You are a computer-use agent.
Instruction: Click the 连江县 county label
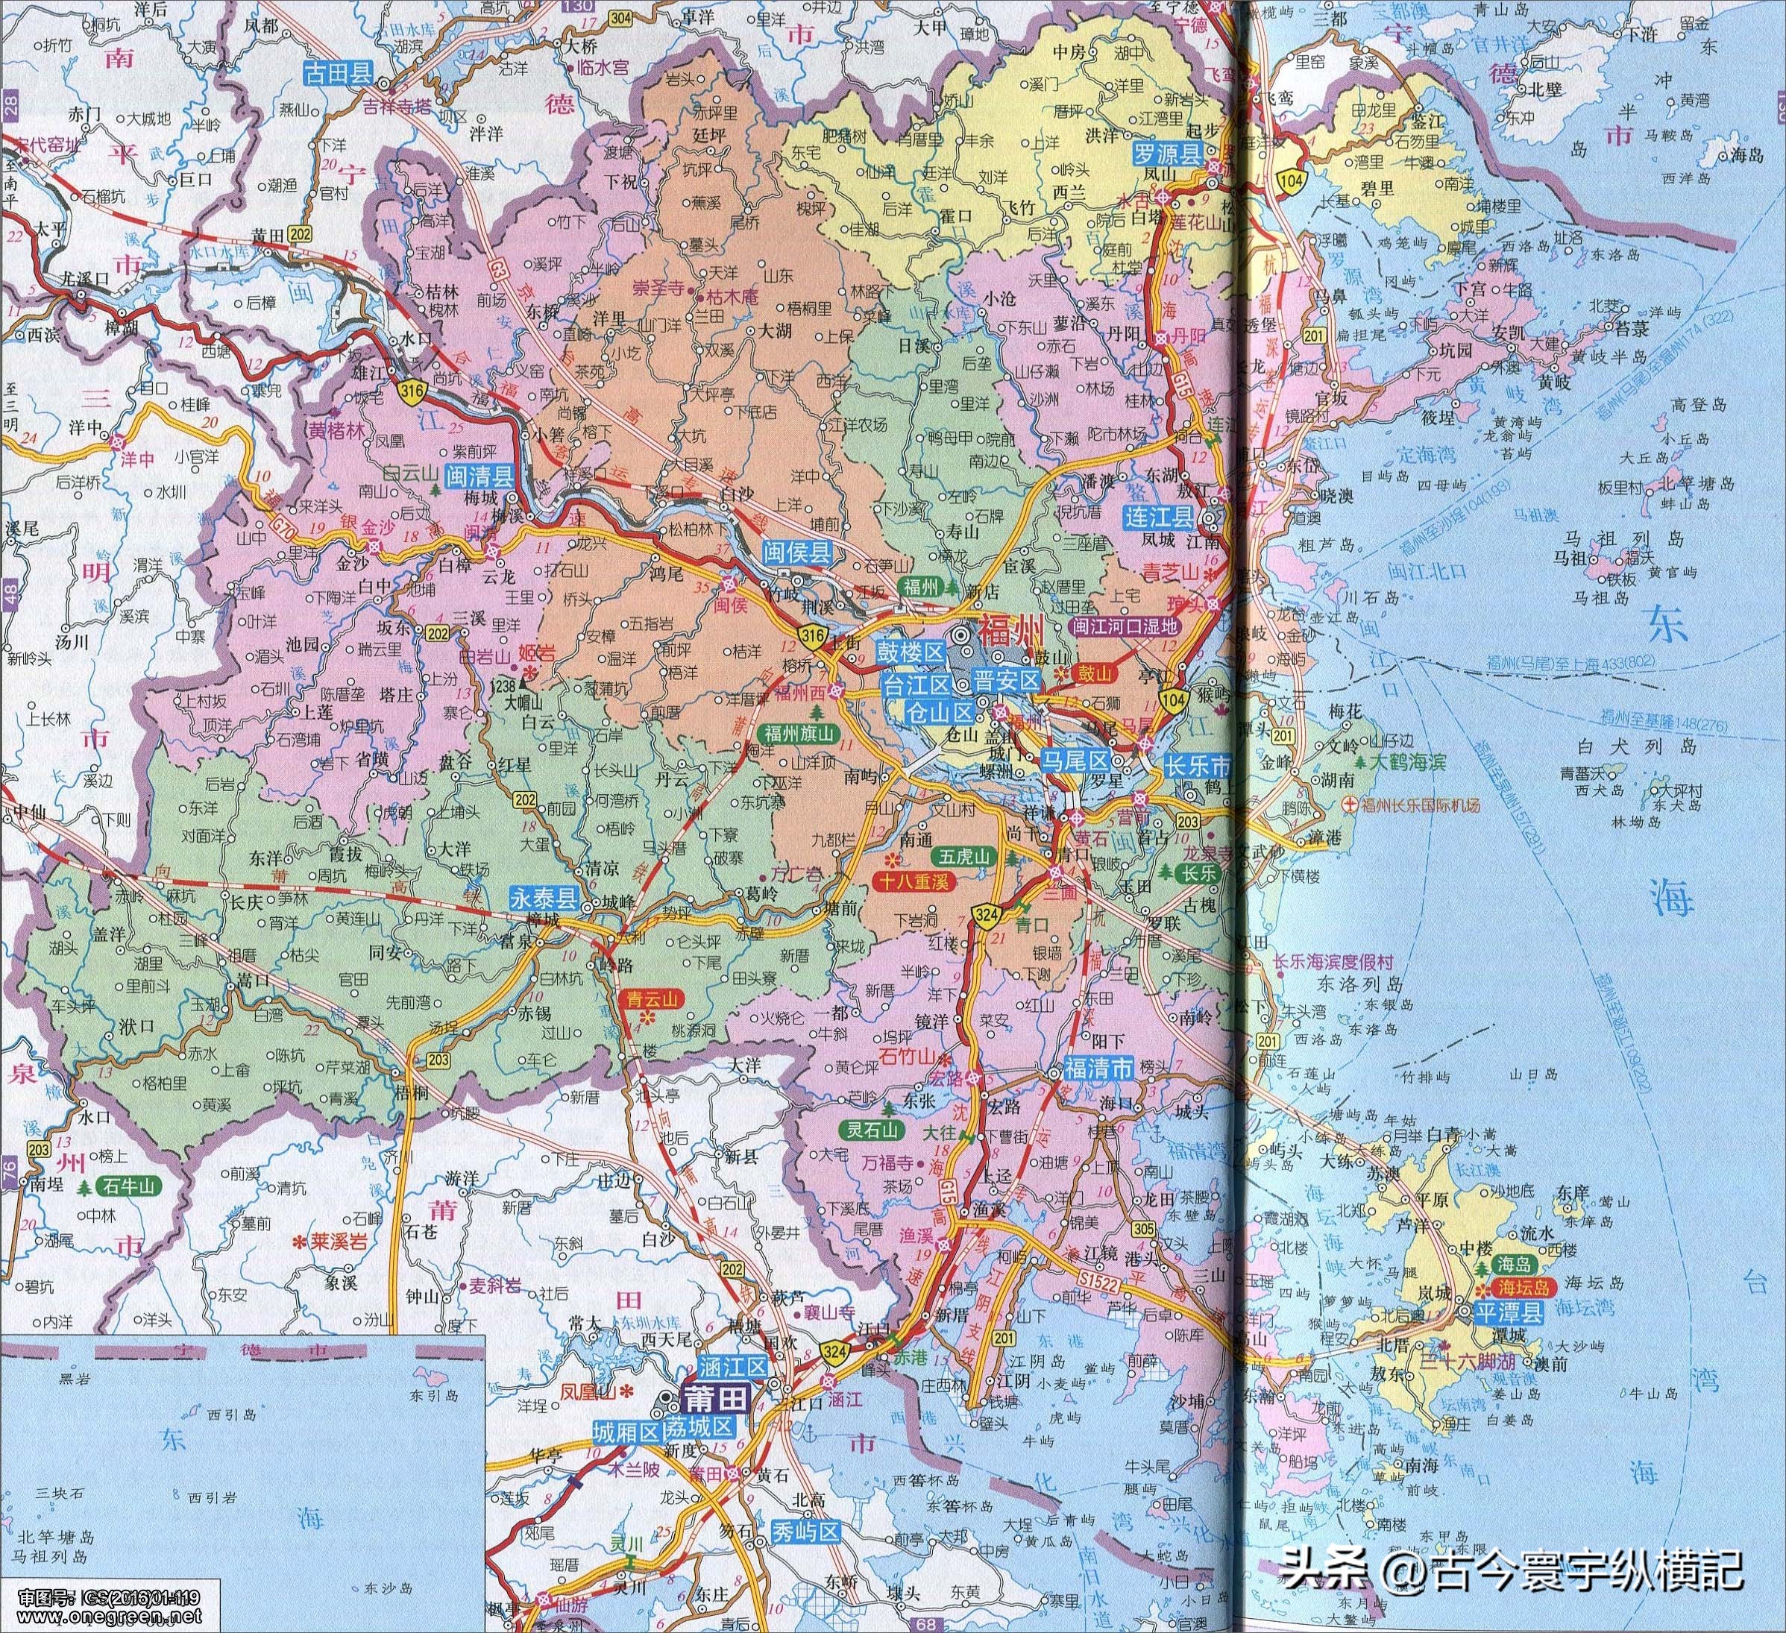tap(1158, 517)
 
